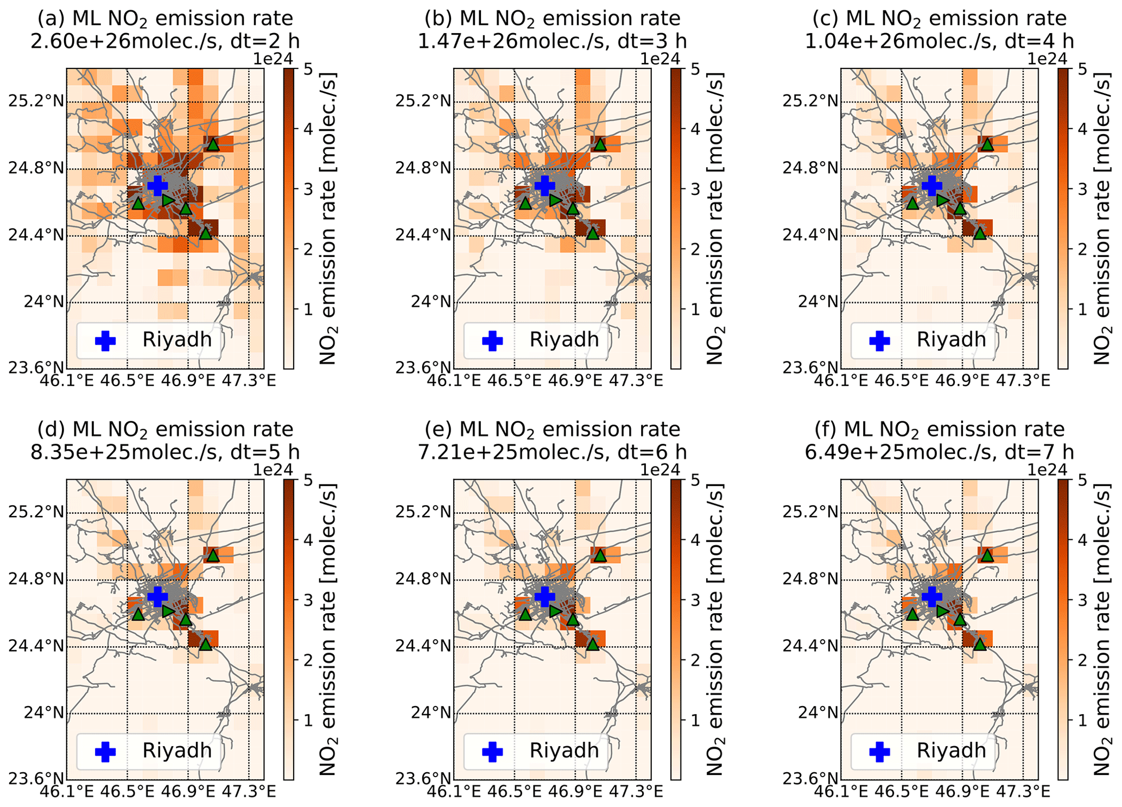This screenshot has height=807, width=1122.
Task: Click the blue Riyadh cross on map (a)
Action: click(x=157, y=186)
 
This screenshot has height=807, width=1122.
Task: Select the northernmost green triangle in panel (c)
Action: click(x=987, y=144)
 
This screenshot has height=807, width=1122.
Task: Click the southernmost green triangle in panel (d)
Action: click(x=205, y=645)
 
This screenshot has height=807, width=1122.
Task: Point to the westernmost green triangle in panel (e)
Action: click(x=525, y=614)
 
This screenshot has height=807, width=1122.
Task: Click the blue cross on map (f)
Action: click(x=931, y=596)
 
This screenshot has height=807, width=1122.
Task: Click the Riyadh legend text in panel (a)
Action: click(x=177, y=340)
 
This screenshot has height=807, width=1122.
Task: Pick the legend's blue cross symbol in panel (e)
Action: click(x=492, y=752)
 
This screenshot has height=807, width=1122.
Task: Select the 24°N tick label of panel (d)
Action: click(x=43, y=713)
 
